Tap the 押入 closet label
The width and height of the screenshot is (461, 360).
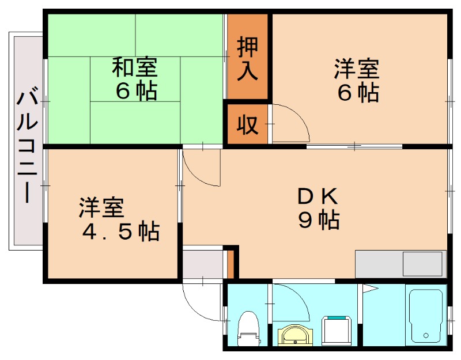point(248,56)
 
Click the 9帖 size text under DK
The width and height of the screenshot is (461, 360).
point(318,220)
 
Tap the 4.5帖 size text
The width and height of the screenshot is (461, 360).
point(120,232)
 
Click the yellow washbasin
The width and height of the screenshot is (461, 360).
point(293,334)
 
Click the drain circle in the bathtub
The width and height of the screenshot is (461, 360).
point(425,335)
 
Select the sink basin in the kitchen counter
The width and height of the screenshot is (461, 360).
point(423,264)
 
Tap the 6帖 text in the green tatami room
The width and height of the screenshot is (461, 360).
point(137,91)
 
